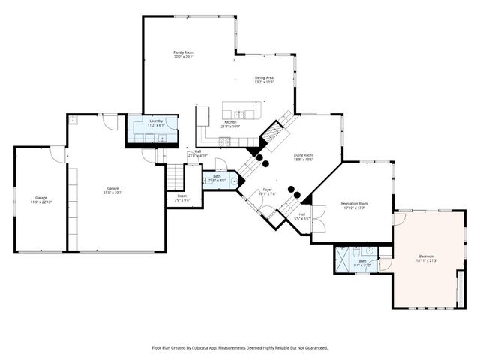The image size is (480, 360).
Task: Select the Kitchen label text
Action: point(230,122)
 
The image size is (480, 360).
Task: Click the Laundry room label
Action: point(156,121)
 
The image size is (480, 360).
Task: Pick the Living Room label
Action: point(304,155)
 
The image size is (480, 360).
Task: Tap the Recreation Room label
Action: point(355,203)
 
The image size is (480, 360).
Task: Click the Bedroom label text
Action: point(426,256)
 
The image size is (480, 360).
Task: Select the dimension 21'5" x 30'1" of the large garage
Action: point(113,193)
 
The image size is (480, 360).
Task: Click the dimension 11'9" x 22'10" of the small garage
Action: point(40,202)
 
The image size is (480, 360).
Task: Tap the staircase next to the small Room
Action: point(175,178)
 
